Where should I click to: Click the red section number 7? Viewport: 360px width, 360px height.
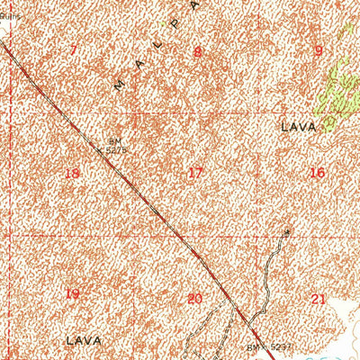(73, 49)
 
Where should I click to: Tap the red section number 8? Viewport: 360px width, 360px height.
(197, 51)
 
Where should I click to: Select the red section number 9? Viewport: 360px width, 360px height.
(318, 50)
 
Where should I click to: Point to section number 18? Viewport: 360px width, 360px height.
(73, 173)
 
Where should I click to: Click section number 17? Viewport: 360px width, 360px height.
(195, 172)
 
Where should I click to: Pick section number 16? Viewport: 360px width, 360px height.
(317, 172)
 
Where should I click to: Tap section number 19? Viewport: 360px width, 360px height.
(73, 294)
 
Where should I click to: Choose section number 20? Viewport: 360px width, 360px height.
(194, 298)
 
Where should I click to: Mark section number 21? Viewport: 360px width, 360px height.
(318, 298)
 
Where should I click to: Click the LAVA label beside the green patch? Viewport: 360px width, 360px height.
(299, 127)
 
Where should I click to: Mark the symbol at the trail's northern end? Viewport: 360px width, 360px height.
(288, 232)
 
